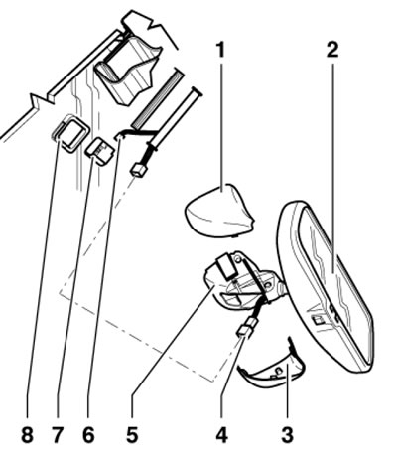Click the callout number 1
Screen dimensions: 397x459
pos(220,50)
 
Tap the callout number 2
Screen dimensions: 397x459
pos(332,50)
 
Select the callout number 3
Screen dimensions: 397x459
pos(287,435)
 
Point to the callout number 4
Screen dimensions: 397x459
pos(221,435)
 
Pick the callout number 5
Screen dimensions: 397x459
pos(132,435)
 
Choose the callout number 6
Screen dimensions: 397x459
pos(88,435)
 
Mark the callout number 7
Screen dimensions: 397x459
pos(57,435)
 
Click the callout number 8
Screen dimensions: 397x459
pos(27,435)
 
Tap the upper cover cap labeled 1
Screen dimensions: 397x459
pos(219,212)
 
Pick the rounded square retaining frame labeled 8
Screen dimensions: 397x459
pos(70,133)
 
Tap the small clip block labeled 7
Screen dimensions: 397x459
pos(100,152)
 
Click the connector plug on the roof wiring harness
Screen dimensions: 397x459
pos(139,171)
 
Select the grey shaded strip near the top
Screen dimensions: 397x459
pos(158,98)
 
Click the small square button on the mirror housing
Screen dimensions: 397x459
pos(318,320)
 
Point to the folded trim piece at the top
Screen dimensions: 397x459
pos(127,72)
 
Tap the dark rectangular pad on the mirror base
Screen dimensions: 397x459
pos(227,265)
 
